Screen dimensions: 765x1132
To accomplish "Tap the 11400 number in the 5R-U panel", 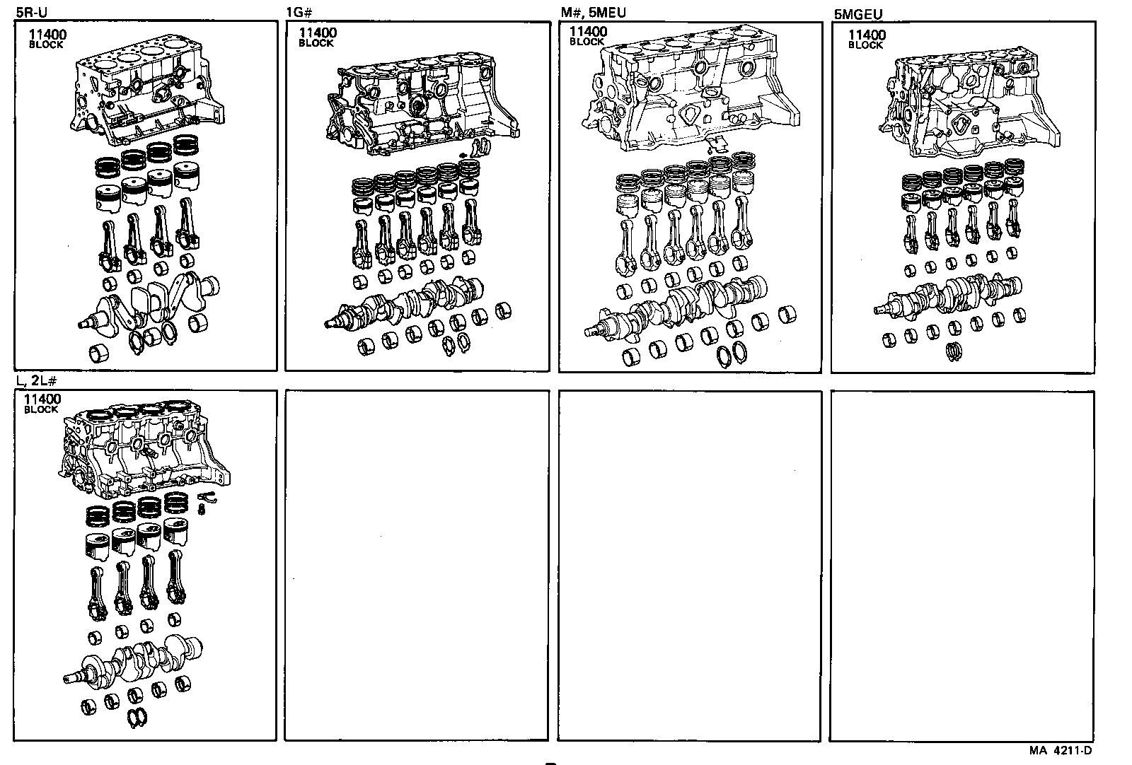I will click(x=44, y=34).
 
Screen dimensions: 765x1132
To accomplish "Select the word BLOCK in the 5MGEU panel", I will click(x=865, y=45).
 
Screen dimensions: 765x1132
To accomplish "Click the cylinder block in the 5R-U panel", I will click(x=145, y=99).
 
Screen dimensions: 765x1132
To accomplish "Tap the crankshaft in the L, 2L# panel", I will click(x=134, y=661).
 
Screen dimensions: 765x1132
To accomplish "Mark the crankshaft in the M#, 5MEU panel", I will click(x=679, y=304).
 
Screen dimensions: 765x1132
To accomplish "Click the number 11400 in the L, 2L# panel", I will click(x=42, y=399).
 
